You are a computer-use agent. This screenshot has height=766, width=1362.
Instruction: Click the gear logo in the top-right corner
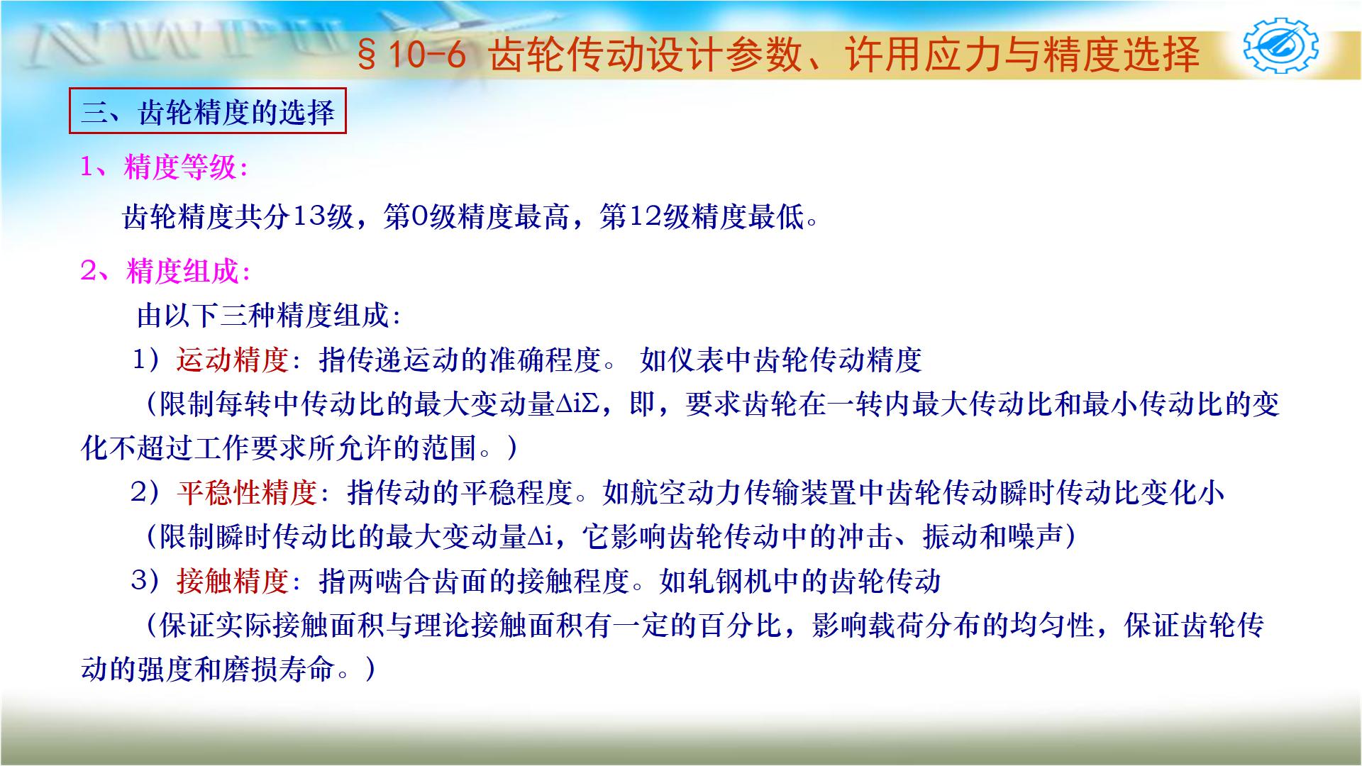[1281, 47]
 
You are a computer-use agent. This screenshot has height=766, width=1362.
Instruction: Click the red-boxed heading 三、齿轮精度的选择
[207, 111]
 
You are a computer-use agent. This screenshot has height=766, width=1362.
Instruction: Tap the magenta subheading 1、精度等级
[165, 168]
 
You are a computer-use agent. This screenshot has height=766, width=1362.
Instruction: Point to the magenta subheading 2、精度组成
[166, 272]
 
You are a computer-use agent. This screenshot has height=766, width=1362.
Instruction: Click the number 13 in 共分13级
[309, 217]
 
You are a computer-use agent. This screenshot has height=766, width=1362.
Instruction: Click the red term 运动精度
[233, 360]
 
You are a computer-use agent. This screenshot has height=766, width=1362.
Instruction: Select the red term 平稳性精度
[247, 492]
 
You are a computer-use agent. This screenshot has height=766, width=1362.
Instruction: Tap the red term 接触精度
[233, 582]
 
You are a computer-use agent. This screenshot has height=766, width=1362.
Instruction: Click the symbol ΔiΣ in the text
[580, 405]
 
